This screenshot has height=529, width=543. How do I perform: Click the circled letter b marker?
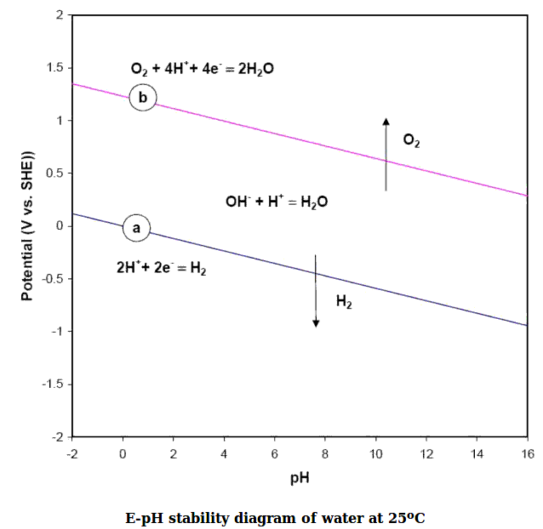pyautogui.click(x=143, y=98)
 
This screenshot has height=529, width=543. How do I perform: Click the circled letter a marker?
pyautogui.click(x=136, y=227)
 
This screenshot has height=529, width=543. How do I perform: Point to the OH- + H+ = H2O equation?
pyautogui.click(x=277, y=202)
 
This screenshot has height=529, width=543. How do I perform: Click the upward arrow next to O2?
pyautogui.click(x=386, y=153)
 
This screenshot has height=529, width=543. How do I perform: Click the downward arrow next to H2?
pyautogui.click(x=316, y=290)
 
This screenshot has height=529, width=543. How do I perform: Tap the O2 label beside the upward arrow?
pyautogui.click(x=411, y=142)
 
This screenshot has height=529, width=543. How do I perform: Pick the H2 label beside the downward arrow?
pyautogui.click(x=344, y=300)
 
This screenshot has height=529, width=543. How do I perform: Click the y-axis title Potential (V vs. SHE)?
pyautogui.click(x=28, y=226)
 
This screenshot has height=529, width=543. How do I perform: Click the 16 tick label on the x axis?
pyautogui.click(x=528, y=452)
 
